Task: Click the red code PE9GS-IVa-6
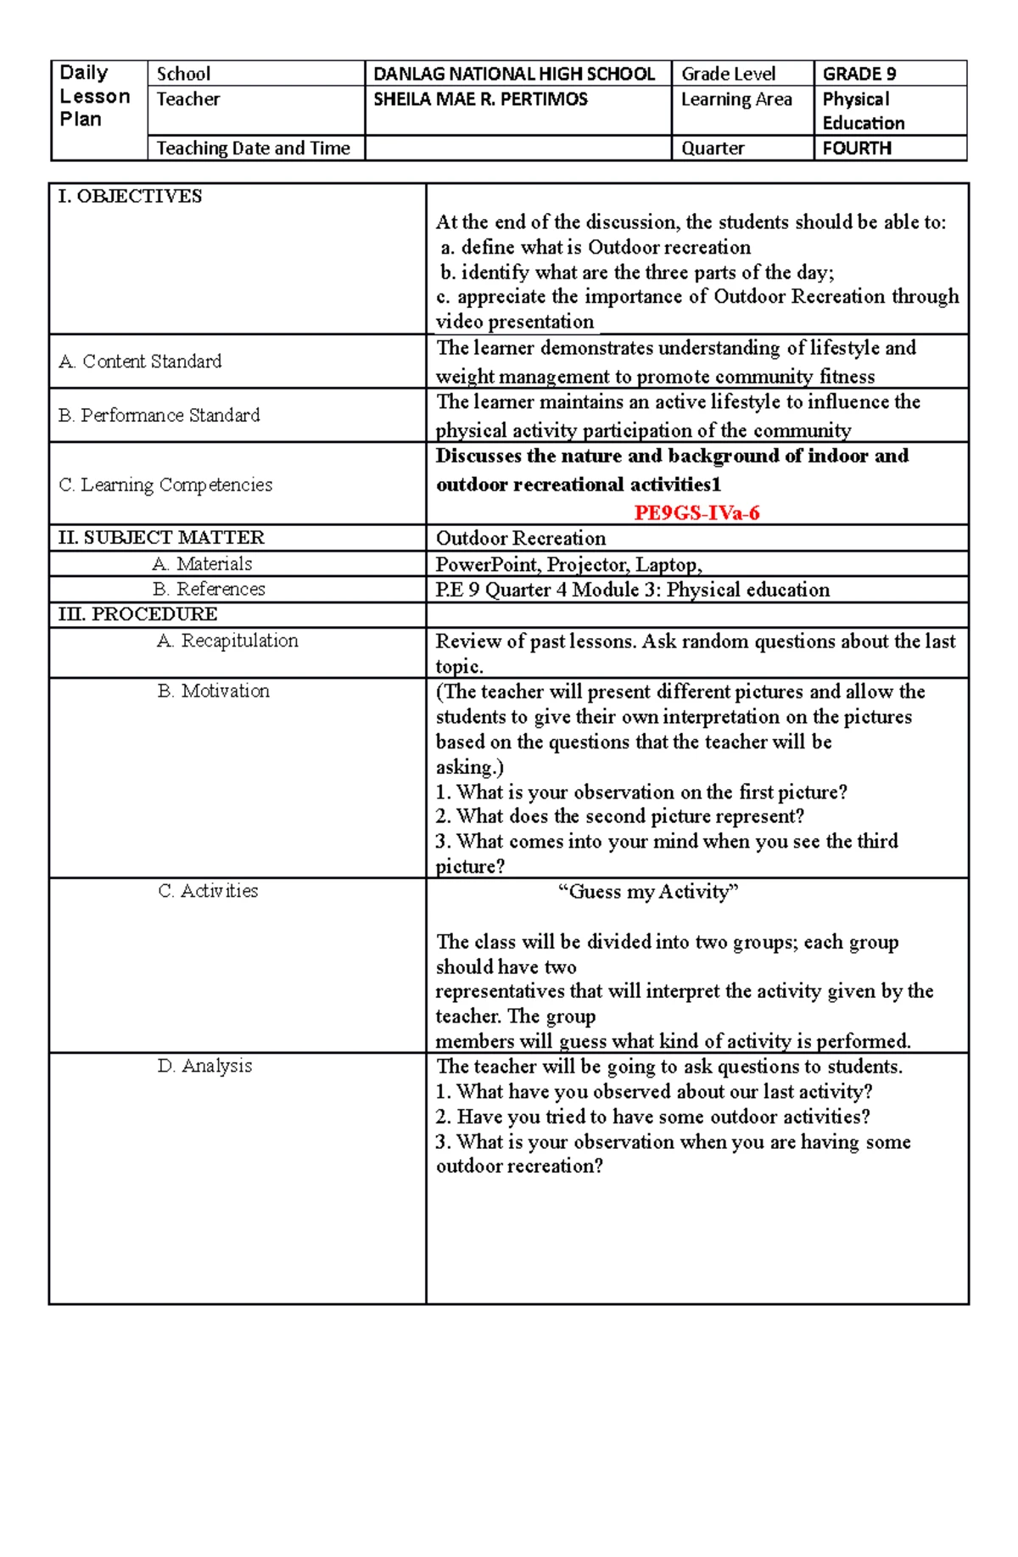(x=696, y=512)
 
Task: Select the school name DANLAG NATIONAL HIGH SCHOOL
(x=514, y=74)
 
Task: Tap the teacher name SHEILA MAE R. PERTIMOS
(x=480, y=99)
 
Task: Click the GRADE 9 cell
(x=859, y=74)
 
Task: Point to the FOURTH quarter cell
(x=857, y=148)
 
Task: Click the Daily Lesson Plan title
(x=94, y=96)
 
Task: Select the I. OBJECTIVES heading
(x=130, y=196)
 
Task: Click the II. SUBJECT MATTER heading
(x=161, y=537)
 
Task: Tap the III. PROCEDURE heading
(x=137, y=613)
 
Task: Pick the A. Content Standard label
(x=140, y=361)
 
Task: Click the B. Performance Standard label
(x=159, y=415)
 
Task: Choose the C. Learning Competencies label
(x=165, y=484)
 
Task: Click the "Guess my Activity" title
(x=648, y=892)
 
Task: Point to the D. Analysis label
(x=204, y=1066)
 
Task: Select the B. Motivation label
(x=213, y=691)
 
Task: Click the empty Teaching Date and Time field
(x=517, y=148)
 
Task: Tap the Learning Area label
(x=736, y=99)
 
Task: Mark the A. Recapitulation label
(x=227, y=641)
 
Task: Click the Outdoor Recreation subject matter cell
(x=521, y=538)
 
